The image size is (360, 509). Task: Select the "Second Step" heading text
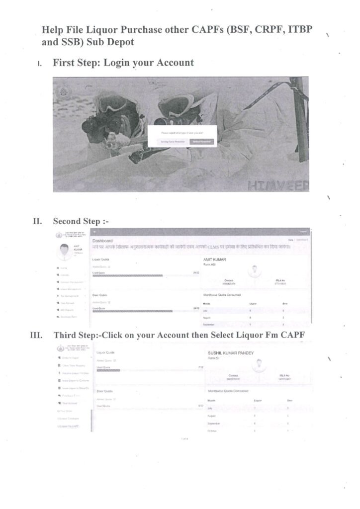pos(76,221)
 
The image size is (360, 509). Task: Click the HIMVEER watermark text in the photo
pos(279,186)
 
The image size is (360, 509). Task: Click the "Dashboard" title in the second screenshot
pos(103,241)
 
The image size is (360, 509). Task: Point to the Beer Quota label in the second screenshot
pos(100,295)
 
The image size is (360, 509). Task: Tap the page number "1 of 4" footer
pos(184,439)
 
